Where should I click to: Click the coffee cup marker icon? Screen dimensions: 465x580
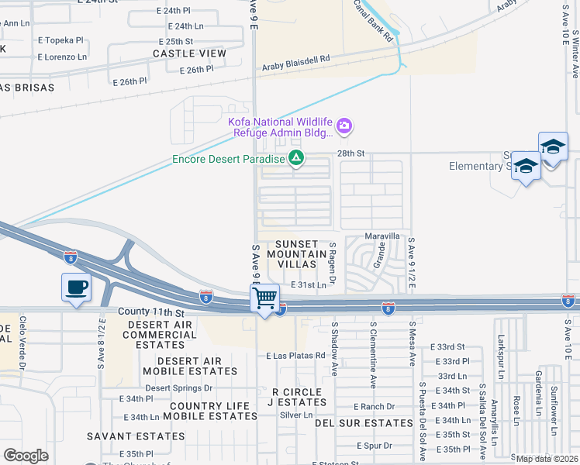[x=76, y=288]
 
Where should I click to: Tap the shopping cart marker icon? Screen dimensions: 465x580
[x=265, y=298]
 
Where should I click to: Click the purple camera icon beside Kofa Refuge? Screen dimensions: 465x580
[x=344, y=125]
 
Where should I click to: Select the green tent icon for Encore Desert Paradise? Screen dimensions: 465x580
[x=296, y=159]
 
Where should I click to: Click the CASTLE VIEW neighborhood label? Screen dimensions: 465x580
[x=189, y=53]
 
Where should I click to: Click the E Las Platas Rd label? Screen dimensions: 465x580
[x=294, y=356]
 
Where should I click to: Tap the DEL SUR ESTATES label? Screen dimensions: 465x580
[x=364, y=423]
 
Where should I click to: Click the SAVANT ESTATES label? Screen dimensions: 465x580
[x=135, y=436]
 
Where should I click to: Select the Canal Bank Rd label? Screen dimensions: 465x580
[x=374, y=21]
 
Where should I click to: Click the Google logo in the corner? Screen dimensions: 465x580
[x=26, y=456]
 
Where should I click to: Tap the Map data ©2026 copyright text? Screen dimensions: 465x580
[x=547, y=459]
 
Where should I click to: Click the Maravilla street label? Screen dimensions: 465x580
[x=383, y=236]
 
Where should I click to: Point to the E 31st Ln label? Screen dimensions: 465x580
[x=309, y=285]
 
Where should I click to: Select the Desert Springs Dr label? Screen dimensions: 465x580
[x=179, y=387]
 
